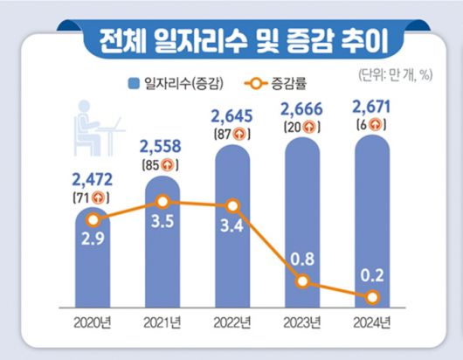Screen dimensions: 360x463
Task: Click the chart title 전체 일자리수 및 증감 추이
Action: pos(232,38)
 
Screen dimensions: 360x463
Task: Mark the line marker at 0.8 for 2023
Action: pos(302,281)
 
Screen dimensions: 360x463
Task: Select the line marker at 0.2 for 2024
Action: pos(372,298)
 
